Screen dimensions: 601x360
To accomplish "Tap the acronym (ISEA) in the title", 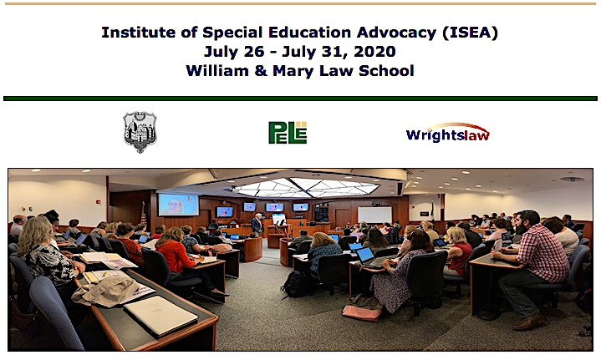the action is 470,33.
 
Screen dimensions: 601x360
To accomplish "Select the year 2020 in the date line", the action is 374,51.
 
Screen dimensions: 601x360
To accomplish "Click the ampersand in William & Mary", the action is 261,71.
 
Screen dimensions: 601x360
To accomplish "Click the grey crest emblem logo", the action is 140,132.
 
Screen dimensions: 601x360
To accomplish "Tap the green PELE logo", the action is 288,133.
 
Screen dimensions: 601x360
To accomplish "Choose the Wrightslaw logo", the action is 448,133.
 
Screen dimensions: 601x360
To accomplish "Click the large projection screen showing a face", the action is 179,205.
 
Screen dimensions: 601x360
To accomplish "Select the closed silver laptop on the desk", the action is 160,316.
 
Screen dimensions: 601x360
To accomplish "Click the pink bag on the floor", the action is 362,312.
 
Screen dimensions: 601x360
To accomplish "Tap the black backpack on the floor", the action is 294,284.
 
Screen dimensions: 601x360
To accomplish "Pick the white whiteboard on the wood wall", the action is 374,215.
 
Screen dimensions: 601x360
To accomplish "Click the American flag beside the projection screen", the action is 144,213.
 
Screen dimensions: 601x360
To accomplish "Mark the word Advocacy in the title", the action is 396,33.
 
